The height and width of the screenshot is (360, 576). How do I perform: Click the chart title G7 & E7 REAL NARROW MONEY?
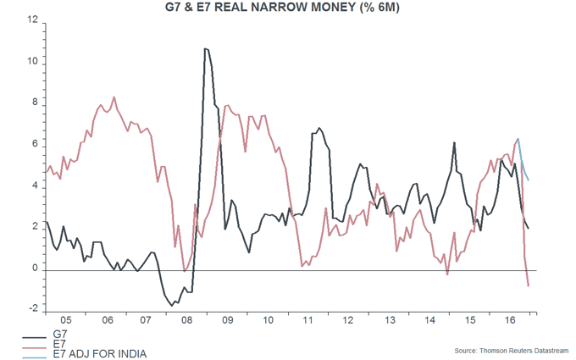288,9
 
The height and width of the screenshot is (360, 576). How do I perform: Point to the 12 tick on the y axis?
33,21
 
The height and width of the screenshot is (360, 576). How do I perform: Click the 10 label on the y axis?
33,63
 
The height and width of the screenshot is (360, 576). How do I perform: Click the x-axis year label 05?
66,322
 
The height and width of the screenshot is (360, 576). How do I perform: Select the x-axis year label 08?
187,322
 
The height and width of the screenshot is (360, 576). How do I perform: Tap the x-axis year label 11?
308,322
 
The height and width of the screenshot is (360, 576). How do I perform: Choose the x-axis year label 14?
430,322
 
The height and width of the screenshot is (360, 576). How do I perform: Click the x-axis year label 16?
511,322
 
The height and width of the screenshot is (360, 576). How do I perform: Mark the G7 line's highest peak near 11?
205,48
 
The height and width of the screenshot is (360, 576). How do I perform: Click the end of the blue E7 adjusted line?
529,180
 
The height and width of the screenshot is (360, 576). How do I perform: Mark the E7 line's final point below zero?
529,286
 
